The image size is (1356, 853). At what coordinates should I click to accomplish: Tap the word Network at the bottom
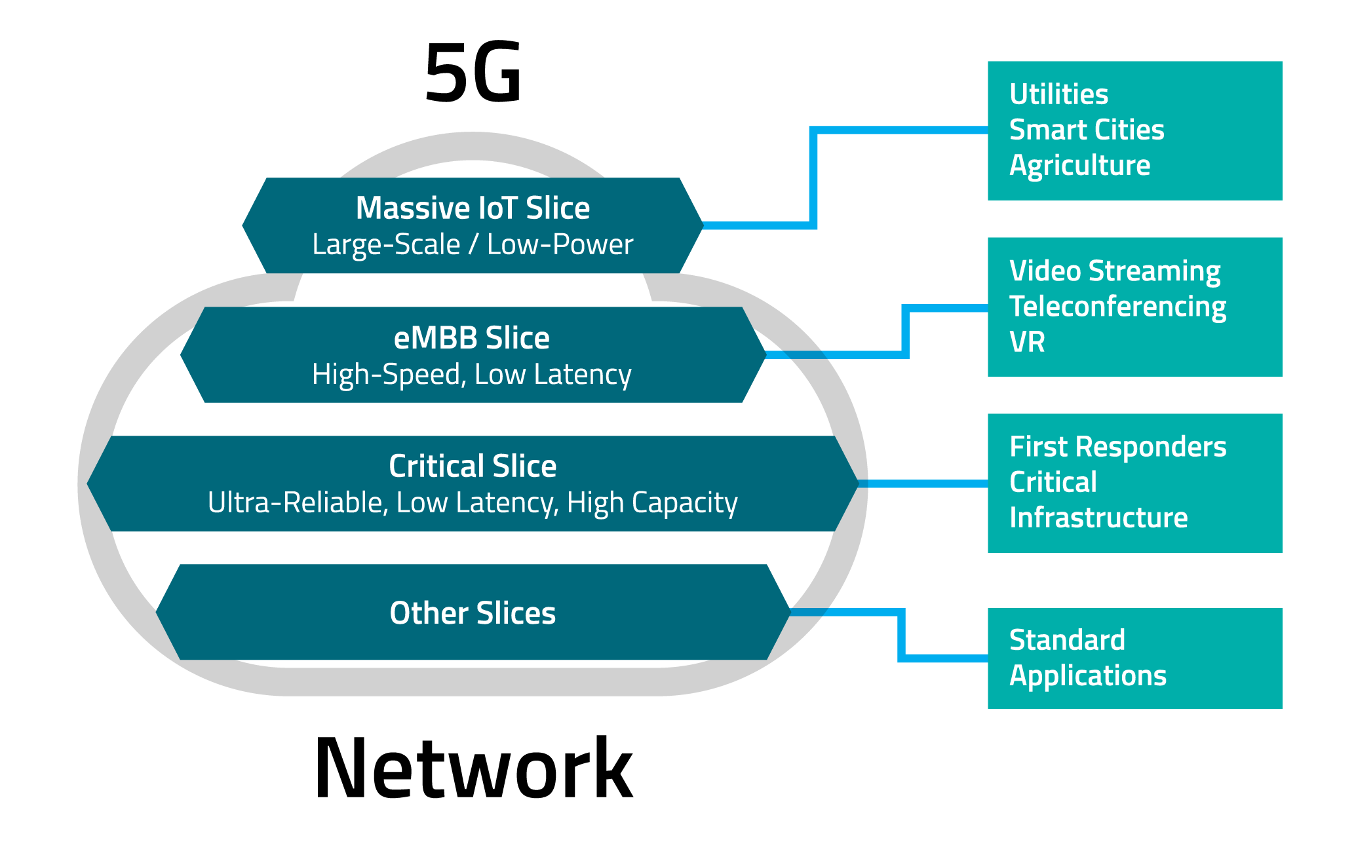(x=473, y=768)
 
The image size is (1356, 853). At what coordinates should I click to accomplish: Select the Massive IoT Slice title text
(x=473, y=208)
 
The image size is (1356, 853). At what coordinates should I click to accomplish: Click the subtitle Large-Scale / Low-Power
(x=473, y=245)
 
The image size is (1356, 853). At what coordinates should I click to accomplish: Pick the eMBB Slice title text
(x=471, y=338)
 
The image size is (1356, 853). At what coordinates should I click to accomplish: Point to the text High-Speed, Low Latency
(x=471, y=375)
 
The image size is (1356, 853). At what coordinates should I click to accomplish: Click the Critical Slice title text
(x=473, y=466)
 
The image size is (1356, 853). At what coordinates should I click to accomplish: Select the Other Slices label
(x=473, y=613)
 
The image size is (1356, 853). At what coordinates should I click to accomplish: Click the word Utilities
(x=1058, y=94)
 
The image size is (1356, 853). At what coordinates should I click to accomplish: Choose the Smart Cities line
(x=1087, y=130)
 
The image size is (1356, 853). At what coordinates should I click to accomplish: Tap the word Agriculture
(x=1079, y=165)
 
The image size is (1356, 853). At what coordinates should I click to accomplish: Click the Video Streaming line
(x=1114, y=271)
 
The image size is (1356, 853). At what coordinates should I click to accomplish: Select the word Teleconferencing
(x=1117, y=307)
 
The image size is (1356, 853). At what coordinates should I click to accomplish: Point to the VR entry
(x=1026, y=342)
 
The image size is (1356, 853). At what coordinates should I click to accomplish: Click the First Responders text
(x=1117, y=447)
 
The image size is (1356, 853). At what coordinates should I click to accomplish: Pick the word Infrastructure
(x=1098, y=518)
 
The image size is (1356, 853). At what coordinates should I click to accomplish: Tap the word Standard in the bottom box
(x=1067, y=640)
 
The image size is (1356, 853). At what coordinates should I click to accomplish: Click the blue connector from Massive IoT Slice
(x=813, y=177)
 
